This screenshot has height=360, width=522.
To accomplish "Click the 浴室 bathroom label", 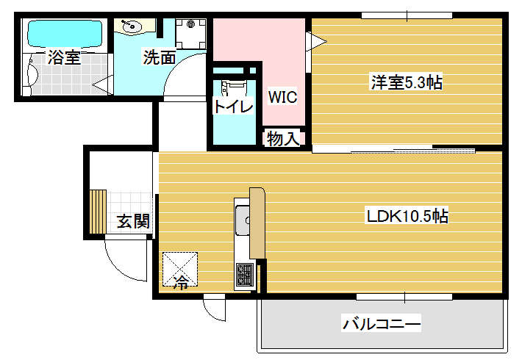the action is pos(64,57).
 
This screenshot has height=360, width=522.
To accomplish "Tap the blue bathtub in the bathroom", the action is pos(65,34).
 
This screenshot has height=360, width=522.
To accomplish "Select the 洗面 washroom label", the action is pos(160,57).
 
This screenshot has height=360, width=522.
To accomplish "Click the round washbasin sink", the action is pos(132,26).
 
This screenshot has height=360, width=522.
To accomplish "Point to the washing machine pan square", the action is pos(190,34).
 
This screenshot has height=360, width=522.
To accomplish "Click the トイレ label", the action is pos(233,107).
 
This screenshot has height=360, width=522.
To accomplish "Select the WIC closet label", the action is pos(282,97).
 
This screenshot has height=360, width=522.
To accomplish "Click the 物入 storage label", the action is pos(283,138).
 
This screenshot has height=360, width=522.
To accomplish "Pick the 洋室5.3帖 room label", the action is pos(407,82).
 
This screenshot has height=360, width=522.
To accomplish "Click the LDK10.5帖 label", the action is pos(407,216).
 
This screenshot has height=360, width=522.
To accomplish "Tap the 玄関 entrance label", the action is pos(133,221).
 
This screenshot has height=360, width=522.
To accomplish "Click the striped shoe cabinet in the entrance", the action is pos(98,212).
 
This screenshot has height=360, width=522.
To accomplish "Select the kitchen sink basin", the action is pos(243,220).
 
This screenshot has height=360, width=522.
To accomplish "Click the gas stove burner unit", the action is pos(245,276).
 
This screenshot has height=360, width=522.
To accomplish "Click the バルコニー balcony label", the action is pos(382,323).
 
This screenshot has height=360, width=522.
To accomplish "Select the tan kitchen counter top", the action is pos(257,223).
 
